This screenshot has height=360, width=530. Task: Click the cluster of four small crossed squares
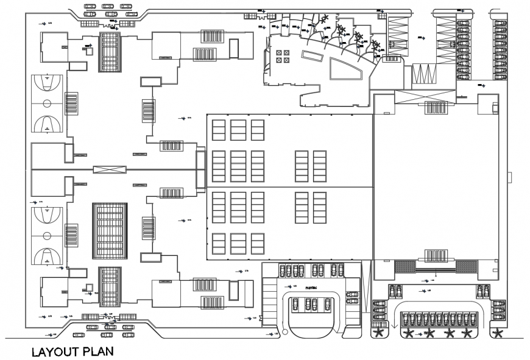283,56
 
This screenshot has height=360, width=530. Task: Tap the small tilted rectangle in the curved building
313,57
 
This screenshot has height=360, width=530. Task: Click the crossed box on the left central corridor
110,169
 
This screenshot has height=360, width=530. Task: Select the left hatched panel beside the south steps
405,266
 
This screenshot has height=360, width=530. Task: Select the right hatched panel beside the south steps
466,266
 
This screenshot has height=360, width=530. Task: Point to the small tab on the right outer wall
510,178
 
